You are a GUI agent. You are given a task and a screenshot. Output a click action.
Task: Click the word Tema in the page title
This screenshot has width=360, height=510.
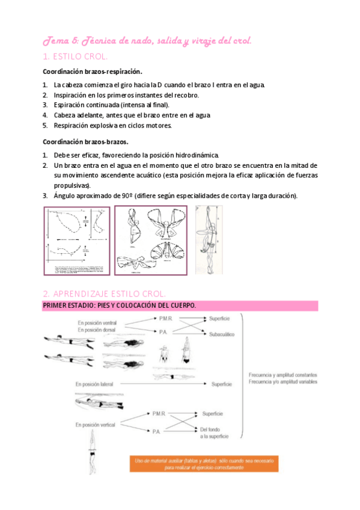coord(54,41)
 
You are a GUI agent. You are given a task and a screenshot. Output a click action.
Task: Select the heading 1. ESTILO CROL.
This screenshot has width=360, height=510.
coord(75,57)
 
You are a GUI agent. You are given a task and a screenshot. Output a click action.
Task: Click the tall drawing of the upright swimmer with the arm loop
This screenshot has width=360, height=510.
coord(208,239)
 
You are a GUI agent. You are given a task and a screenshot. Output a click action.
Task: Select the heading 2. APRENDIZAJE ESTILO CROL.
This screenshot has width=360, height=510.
coord(104,293)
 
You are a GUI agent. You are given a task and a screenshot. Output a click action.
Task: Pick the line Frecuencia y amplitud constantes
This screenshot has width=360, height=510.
coord(282,375)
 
